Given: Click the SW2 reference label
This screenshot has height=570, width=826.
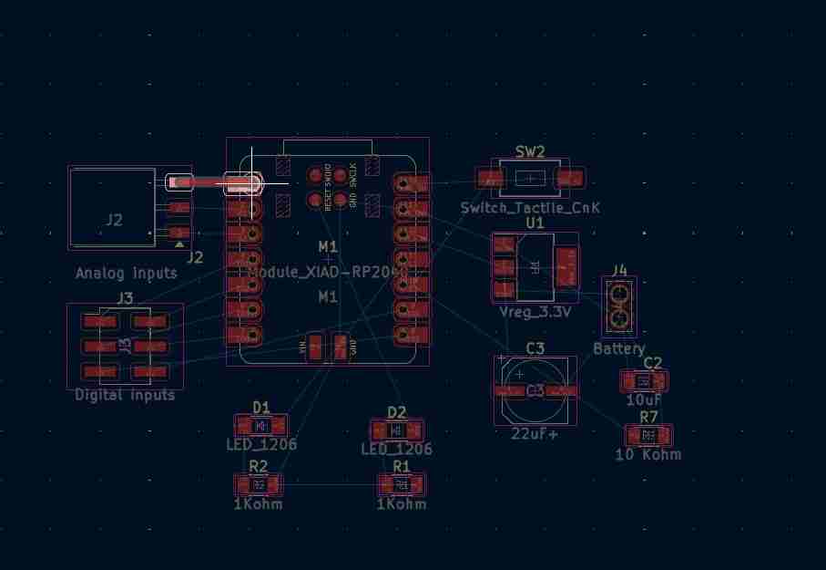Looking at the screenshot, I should point(530,151).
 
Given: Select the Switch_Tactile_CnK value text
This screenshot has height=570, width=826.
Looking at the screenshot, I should point(530,208).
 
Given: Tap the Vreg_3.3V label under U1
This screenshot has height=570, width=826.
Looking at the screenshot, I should point(535,312).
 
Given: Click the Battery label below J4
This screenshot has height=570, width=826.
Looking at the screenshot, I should point(619,348).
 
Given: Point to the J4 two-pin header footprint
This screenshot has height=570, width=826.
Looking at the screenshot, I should point(619,306).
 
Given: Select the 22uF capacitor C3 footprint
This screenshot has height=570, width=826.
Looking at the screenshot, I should point(535,390).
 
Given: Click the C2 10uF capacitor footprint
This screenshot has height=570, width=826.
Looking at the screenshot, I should point(644,380).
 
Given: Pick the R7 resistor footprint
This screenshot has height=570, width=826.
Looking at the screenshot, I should point(648,434).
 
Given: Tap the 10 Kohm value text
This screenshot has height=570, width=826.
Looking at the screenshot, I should point(648,454).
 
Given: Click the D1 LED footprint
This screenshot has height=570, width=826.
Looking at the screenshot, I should point(261,425).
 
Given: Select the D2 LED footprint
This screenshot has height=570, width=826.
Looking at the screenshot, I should point(396,430).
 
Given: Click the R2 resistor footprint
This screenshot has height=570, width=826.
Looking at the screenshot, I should point(259,484).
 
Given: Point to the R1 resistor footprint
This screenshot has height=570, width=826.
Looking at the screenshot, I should point(402,484).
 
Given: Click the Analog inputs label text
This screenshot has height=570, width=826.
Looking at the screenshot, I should point(127,273).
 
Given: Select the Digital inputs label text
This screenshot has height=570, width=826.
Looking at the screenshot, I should point(125,395).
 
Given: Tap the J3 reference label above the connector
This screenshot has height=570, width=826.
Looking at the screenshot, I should point(125,297).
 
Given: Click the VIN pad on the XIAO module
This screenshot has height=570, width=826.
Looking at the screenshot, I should point(315,347).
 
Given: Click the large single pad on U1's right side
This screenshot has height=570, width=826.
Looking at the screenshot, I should point(566,266).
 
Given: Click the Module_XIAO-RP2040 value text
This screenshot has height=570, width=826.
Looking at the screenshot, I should point(328,273).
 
